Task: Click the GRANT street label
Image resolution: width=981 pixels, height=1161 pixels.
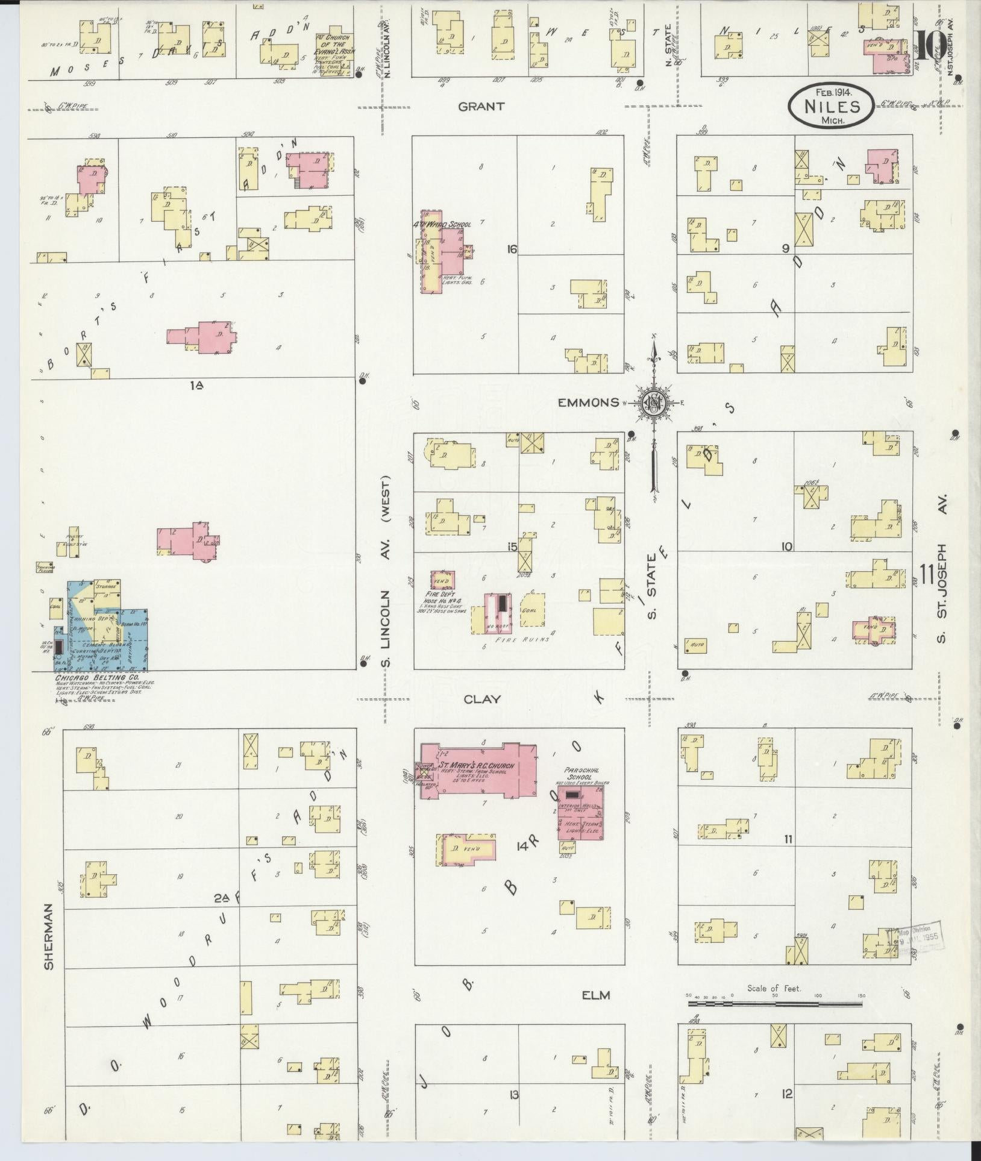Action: coord(481,107)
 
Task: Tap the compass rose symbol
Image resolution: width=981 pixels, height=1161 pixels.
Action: coord(654,402)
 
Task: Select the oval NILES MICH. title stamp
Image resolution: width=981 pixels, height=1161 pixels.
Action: coord(831,105)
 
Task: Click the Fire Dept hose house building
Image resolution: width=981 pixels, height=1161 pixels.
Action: coord(442,579)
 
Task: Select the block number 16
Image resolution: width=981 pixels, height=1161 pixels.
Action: coord(513,249)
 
